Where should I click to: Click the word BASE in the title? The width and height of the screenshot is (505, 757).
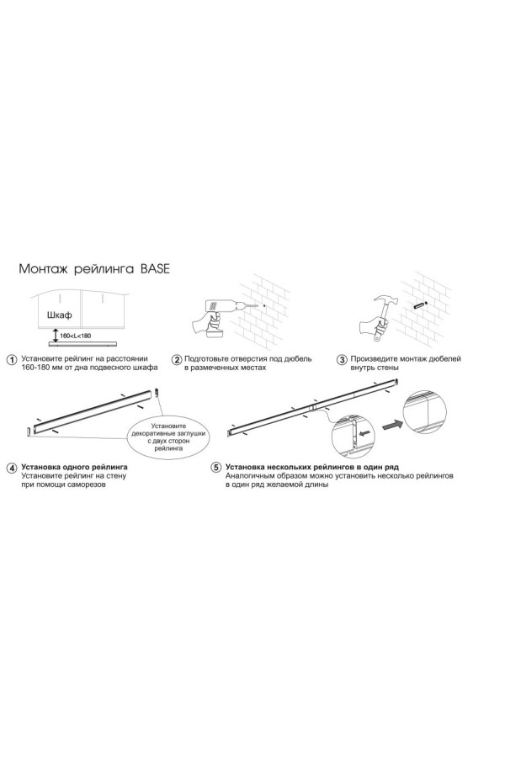155,269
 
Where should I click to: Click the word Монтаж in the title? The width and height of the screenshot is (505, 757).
45,269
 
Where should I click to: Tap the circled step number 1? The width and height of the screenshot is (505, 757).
12,360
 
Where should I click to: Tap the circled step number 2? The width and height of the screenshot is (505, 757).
178,360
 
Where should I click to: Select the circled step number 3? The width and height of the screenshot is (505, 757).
343,360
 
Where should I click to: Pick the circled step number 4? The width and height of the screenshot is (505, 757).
12,468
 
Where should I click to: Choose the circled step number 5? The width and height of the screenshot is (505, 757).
216,468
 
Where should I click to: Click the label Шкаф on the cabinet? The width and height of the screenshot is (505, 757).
60,315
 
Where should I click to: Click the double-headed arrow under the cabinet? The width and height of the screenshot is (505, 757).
55,336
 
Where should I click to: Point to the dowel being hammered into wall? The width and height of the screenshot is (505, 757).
418,305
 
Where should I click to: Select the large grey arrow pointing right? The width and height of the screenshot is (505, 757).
391,426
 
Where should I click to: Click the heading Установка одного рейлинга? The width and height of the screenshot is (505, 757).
75,468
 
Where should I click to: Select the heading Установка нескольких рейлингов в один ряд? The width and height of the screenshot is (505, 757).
311,468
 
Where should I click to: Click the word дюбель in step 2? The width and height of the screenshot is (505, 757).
298,358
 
